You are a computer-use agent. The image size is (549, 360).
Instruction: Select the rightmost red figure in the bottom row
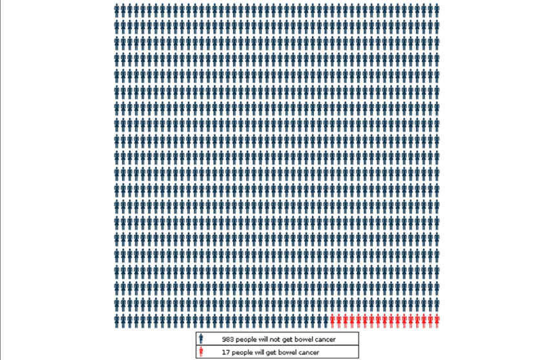pyautogui.click(x=437, y=320)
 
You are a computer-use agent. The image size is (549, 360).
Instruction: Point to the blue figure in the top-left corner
pyautogui.click(x=117, y=9)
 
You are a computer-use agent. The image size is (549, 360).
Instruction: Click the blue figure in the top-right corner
pyautogui.click(x=437, y=9)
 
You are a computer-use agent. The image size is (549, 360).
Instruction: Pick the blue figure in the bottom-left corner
pyautogui.click(x=117, y=320)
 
